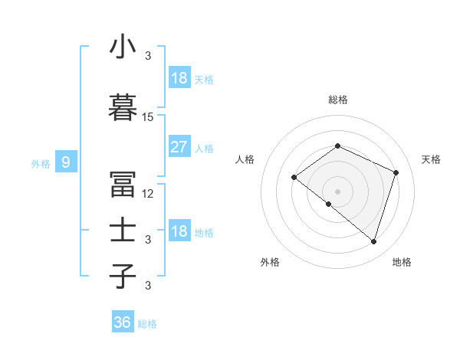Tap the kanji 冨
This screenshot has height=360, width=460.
pyautogui.click(x=123, y=185)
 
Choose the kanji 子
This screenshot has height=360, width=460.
pyautogui.click(x=123, y=275)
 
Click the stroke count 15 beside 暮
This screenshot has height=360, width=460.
pyautogui.click(x=148, y=117)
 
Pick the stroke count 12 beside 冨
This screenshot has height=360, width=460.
pyautogui.click(x=148, y=194)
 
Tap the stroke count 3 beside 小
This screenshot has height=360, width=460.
pyautogui.click(x=148, y=56)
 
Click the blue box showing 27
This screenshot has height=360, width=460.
pyautogui.click(x=179, y=147)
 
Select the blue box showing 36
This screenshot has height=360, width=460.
pyautogui.click(x=123, y=322)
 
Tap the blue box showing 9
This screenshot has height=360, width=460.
pyautogui.click(x=66, y=162)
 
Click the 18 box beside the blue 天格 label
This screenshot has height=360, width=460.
pyautogui.click(x=179, y=78)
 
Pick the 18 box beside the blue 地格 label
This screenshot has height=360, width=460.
pyautogui.click(x=179, y=231)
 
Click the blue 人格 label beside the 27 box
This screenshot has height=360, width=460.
pyautogui.click(x=204, y=149)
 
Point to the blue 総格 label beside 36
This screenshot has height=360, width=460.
pyautogui.click(x=147, y=324)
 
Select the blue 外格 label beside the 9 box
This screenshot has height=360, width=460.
pyautogui.click(x=40, y=163)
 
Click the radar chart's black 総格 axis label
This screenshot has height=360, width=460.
pyautogui.click(x=338, y=100)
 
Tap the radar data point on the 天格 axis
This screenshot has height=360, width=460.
pyautogui.click(x=396, y=172)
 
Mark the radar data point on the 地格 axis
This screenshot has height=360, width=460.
pyautogui.click(x=373, y=242)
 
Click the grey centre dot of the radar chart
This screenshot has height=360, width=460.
pyautogui.click(x=337, y=191)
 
